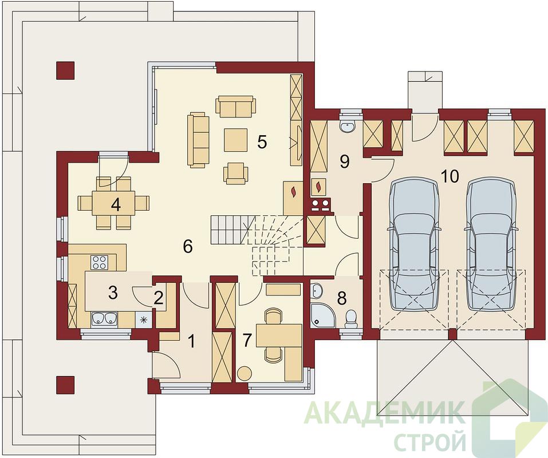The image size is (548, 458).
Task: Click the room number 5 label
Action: click(x=262, y=142)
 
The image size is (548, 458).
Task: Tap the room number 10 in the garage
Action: click(x=450, y=177)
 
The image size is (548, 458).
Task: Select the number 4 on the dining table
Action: click(x=116, y=205)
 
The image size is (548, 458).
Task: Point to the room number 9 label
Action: click(x=345, y=162)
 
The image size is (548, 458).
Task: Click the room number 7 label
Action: click(x=247, y=340)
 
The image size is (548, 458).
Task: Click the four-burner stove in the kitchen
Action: click(x=99, y=262)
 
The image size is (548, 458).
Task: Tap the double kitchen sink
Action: click(x=104, y=319)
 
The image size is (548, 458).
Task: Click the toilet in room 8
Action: click(x=350, y=319)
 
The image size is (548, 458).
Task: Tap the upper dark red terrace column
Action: click(x=65, y=70)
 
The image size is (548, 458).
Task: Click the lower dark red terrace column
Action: click(x=65, y=385)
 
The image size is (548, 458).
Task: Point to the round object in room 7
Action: click(x=245, y=373)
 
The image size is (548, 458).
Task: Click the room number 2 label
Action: click(x=158, y=298)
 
